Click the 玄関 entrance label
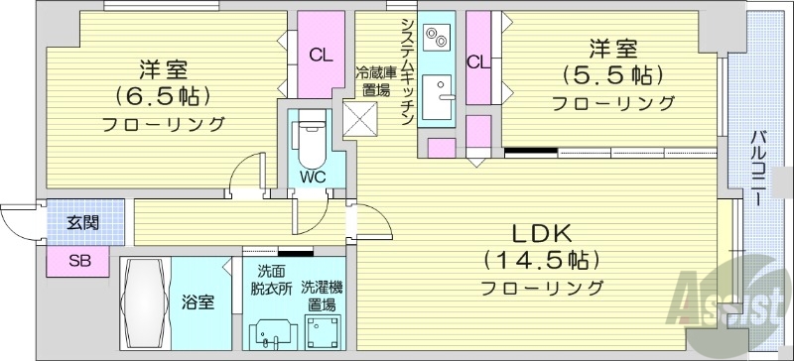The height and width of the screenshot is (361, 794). pyautogui.click(x=83, y=223)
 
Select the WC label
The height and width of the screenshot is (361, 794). pyautogui.click(x=314, y=179)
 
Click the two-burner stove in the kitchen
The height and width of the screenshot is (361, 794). pyautogui.click(x=437, y=39)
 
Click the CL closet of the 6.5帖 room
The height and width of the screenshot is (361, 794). pyautogui.click(x=320, y=56)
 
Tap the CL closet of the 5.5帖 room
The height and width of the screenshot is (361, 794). pyautogui.click(x=478, y=61)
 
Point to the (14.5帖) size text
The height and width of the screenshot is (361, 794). pyautogui.click(x=541, y=261)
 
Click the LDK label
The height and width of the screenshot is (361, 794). pyautogui.click(x=541, y=234)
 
